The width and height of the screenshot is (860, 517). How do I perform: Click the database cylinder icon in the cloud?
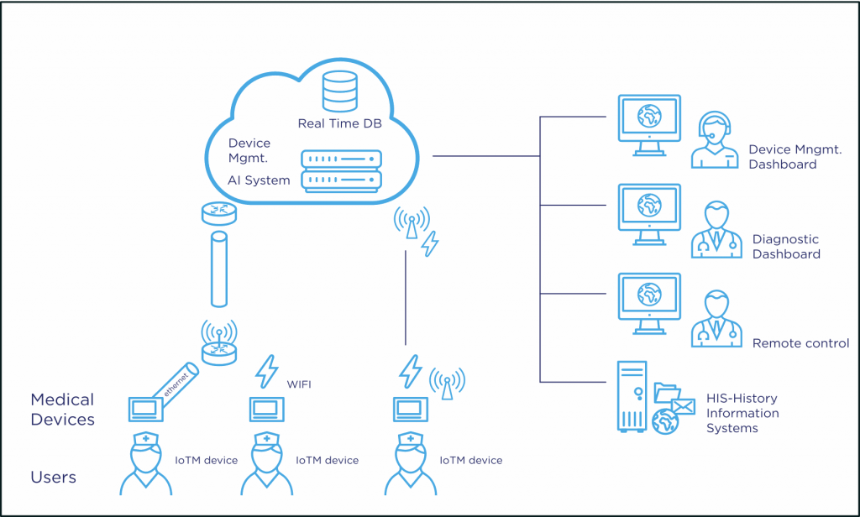340,91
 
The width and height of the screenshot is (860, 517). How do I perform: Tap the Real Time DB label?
339,123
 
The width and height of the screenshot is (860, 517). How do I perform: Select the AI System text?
259,180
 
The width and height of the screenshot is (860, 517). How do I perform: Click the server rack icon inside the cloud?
341,171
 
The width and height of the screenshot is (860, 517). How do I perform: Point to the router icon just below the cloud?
219,213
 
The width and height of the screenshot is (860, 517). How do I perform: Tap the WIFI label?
299,384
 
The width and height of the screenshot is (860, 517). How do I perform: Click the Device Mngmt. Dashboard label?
795,157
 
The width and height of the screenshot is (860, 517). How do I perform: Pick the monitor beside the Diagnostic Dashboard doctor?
649,214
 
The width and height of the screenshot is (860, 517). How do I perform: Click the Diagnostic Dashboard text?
786,247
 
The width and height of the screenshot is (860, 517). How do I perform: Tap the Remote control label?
800,343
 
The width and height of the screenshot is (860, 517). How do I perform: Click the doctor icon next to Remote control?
716,319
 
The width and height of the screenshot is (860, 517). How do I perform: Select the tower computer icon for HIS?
632,396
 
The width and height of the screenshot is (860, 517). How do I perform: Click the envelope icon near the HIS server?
684,406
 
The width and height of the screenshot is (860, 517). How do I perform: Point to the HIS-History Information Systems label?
742,414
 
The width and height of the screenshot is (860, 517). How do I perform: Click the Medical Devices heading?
62,410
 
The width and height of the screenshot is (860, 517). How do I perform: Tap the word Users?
53,477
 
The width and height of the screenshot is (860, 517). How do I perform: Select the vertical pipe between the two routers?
219,269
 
